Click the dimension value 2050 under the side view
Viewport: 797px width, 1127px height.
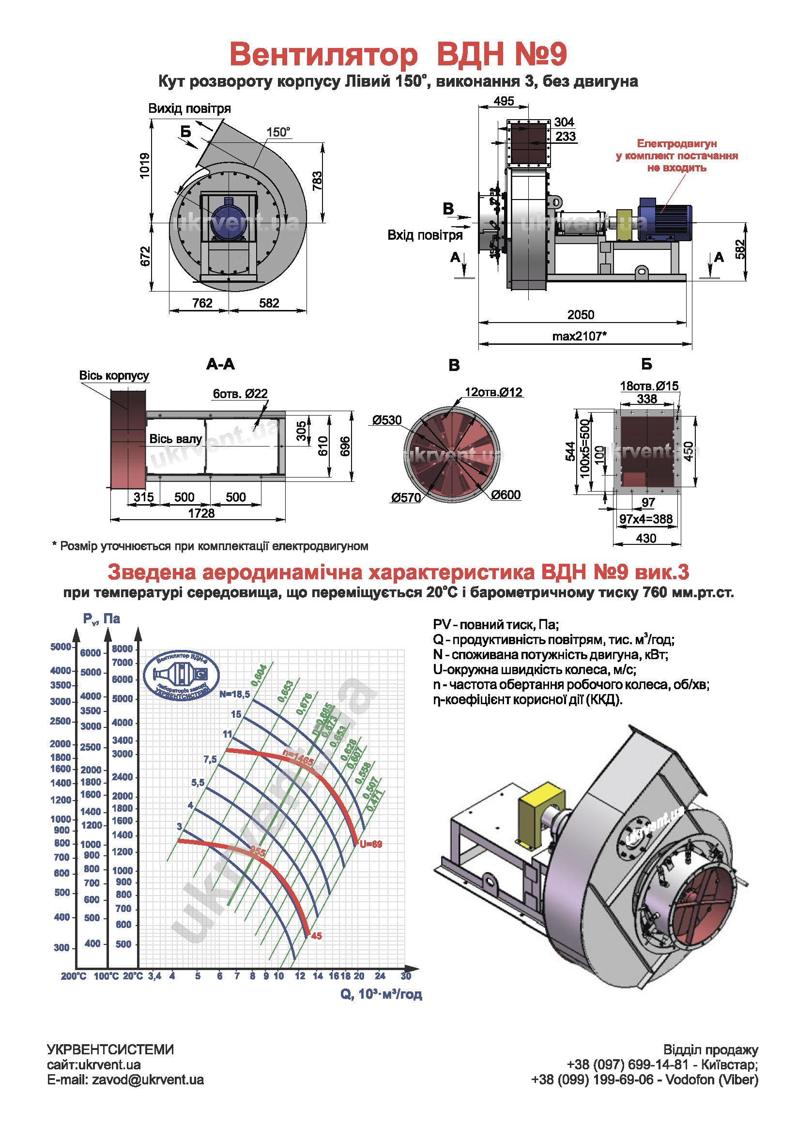581,315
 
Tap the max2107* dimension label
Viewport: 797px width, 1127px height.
579,336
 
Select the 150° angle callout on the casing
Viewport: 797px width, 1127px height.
278,132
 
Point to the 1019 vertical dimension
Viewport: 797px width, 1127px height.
144,166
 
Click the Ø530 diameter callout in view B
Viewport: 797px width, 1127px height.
387,420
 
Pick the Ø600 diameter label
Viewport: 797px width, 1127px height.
506,495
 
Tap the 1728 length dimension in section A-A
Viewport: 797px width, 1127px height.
201,513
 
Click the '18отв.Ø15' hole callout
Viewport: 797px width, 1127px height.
649,386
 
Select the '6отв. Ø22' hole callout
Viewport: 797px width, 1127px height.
240,394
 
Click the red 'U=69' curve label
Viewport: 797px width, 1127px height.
370,844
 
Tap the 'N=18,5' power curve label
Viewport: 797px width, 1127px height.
234,694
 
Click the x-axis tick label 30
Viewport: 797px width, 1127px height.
405,976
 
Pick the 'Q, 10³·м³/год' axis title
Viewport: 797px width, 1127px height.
381,994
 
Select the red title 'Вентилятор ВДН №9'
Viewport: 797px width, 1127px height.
398,54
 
